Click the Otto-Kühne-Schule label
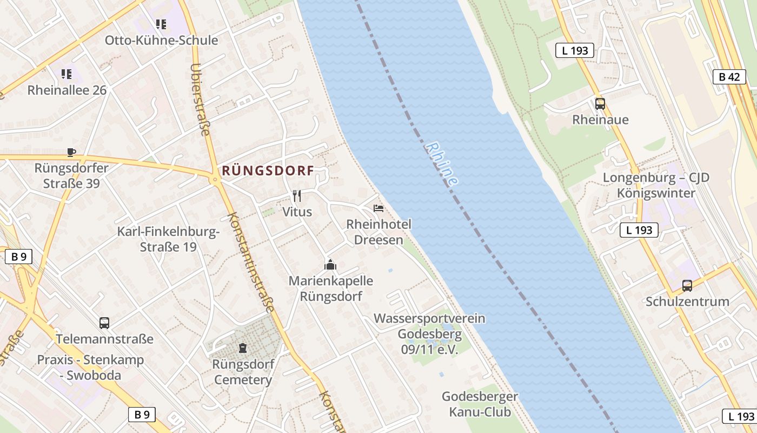click(161, 41)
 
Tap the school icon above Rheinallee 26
click(67, 74)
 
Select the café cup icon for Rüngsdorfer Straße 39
click(71, 152)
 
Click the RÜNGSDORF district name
click(268, 171)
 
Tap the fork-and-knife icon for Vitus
click(297, 195)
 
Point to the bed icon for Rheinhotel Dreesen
click(378, 208)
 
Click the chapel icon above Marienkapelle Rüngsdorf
click(330, 265)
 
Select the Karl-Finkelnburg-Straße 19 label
click(168, 240)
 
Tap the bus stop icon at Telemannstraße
click(104, 323)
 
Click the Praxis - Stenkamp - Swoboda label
click(90, 368)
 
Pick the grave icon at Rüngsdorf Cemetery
click(242, 347)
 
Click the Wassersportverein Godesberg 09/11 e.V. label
click(429, 334)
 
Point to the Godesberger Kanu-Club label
click(480, 404)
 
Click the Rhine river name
click(442, 164)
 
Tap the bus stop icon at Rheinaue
click(600, 104)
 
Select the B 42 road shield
click(729, 77)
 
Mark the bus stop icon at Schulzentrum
click(687, 286)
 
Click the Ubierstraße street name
click(200, 100)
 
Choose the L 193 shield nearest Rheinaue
click(575, 51)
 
